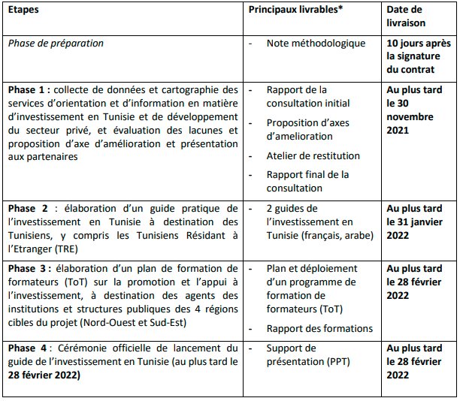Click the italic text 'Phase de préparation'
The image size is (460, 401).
[x=56, y=44]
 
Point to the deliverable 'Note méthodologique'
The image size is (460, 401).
[x=316, y=44]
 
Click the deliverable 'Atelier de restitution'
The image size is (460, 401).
[x=313, y=155]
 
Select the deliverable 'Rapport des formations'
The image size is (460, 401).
[x=319, y=328]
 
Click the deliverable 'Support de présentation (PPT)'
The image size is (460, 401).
[x=308, y=355]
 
